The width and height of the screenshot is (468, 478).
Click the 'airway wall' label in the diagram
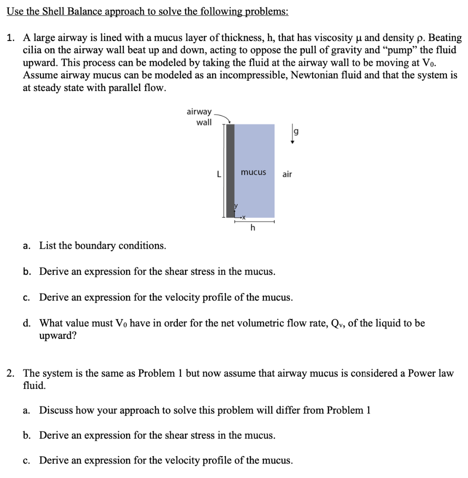tap(199, 117)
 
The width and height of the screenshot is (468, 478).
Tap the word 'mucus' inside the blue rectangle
tap(253, 172)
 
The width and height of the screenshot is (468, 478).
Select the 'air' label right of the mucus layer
tap(287, 174)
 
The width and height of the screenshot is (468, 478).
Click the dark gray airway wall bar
tap(230, 170)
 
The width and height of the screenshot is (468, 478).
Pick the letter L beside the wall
tap(218, 174)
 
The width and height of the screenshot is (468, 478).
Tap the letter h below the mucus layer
tap(253, 228)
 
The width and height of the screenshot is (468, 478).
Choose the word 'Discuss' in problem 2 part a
tap(56, 410)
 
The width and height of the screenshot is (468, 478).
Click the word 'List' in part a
tap(48, 246)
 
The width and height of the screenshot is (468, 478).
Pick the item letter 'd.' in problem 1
tap(28, 323)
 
